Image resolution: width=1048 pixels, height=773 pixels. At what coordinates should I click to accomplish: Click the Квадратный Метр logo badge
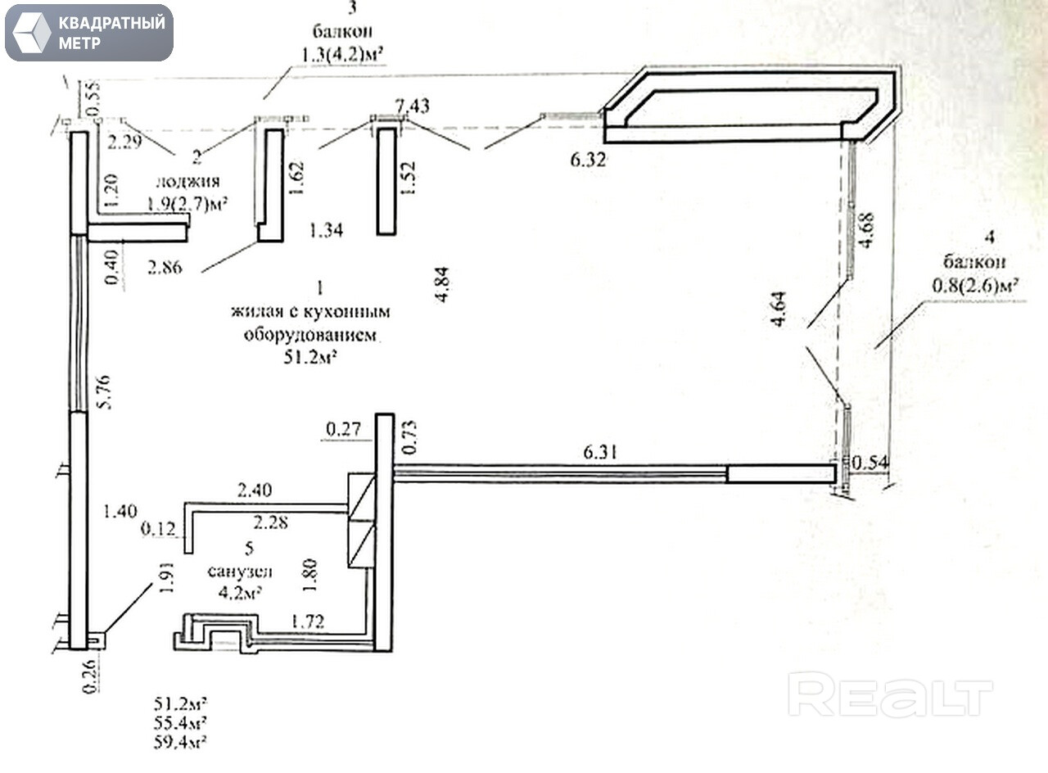pyautogui.click(x=88, y=33)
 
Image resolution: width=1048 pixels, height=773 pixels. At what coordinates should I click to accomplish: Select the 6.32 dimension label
pyautogui.click(x=588, y=160)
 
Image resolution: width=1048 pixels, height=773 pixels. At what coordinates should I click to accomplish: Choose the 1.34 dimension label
pyautogui.click(x=325, y=232)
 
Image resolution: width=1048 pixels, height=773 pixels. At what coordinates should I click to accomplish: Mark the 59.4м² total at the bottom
pyautogui.click(x=180, y=743)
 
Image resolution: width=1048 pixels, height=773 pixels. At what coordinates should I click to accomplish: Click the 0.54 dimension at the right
pyautogui.click(x=868, y=463)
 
